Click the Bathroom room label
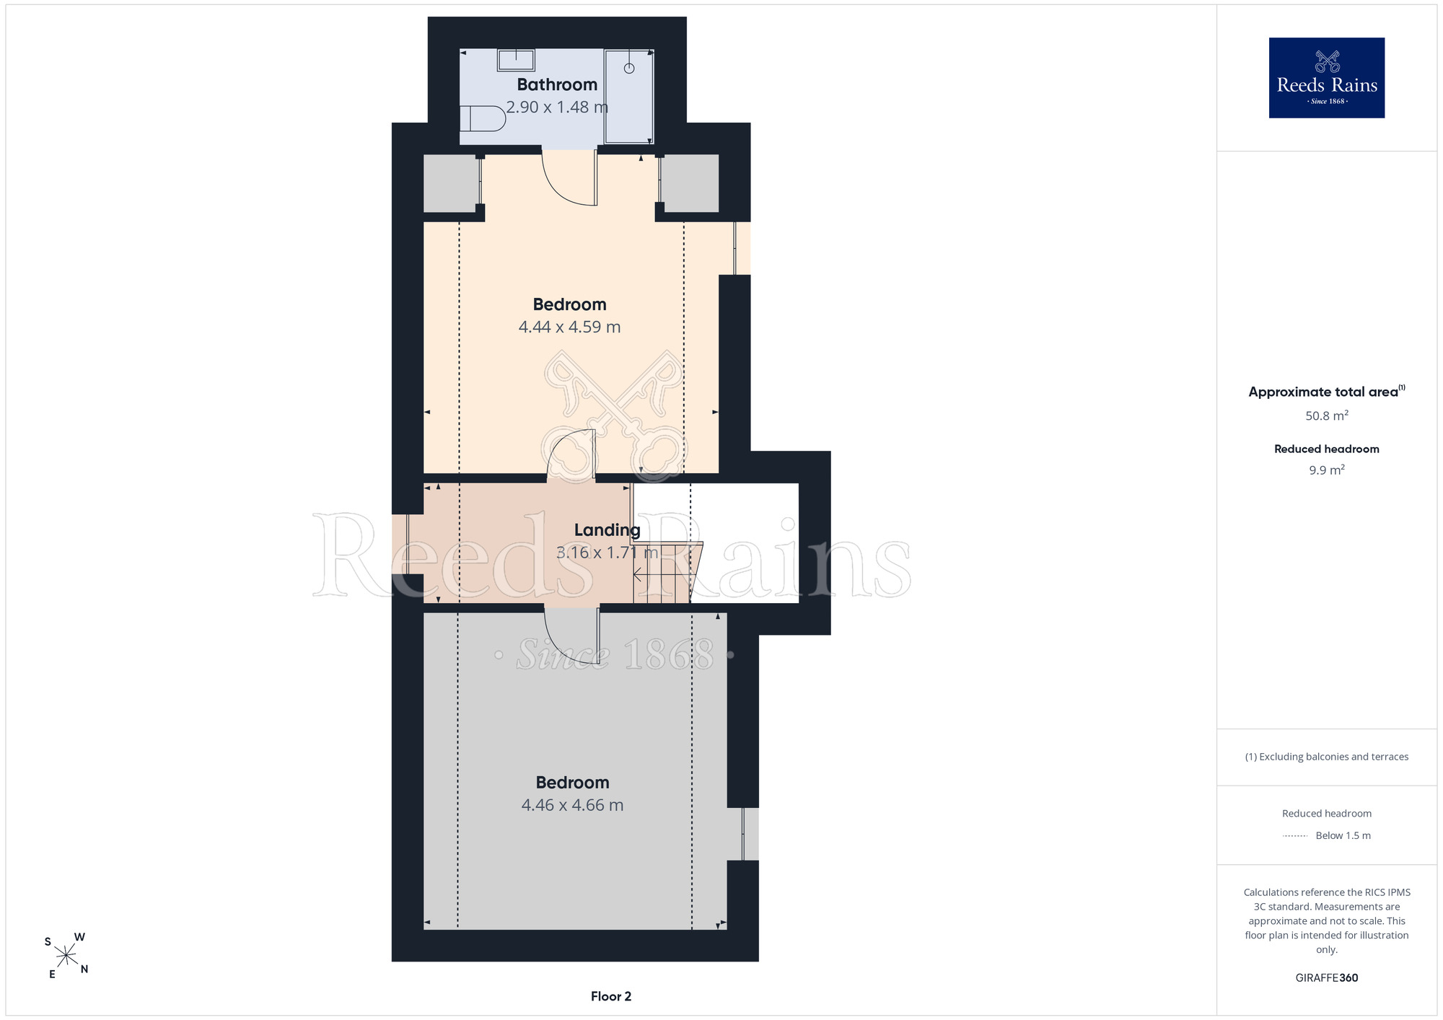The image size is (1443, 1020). [x=557, y=85]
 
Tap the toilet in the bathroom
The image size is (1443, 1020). [x=483, y=118]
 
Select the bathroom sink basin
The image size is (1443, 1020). [x=516, y=60]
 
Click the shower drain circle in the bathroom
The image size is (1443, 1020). [x=629, y=69]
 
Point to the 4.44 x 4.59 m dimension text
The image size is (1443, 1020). [x=569, y=327]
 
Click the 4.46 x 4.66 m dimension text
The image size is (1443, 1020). [x=572, y=805]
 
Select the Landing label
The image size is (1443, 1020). [x=608, y=530]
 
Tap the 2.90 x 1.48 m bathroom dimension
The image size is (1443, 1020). [x=557, y=107]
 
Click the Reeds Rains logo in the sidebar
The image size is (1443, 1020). [x=1327, y=78]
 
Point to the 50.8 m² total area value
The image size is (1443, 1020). [x=1327, y=416]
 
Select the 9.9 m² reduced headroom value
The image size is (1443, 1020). [x=1327, y=470]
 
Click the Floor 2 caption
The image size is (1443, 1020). [x=611, y=996]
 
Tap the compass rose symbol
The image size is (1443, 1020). [x=66, y=956]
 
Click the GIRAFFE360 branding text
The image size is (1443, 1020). [x=1327, y=978]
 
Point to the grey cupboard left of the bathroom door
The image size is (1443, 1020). [x=452, y=183]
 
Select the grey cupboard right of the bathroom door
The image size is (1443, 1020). [x=690, y=183]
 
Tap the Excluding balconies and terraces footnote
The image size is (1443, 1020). [x=1327, y=757]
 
